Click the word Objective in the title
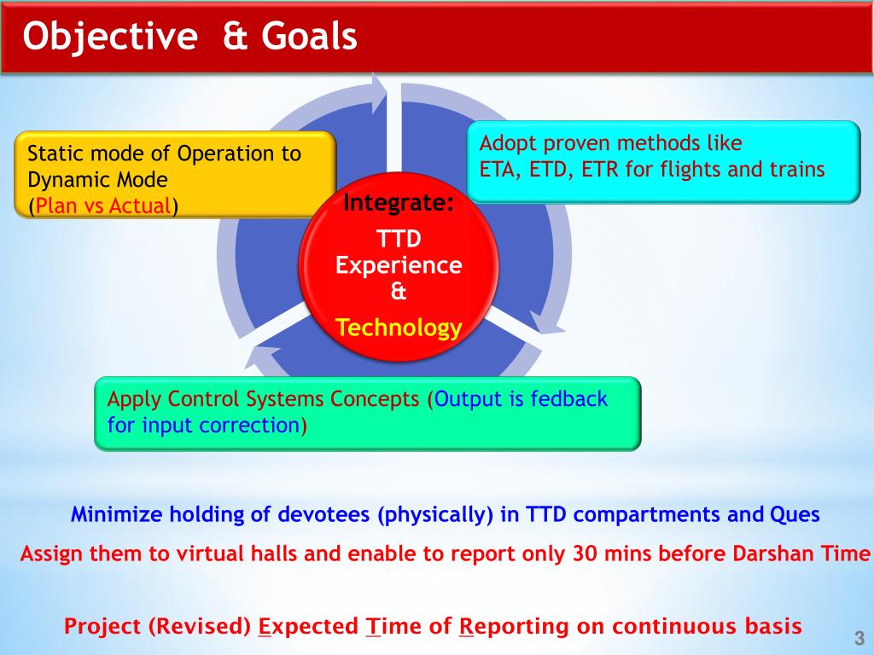click(x=110, y=38)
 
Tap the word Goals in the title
click(x=309, y=36)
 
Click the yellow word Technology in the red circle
click(x=399, y=327)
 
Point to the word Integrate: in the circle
click(x=399, y=203)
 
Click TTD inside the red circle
click(x=399, y=239)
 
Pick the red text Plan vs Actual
click(x=103, y=206)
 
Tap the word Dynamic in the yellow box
click(x=69, y=180)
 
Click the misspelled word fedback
click(x=568, y=399)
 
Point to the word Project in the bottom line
click(x=102, y=627)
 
